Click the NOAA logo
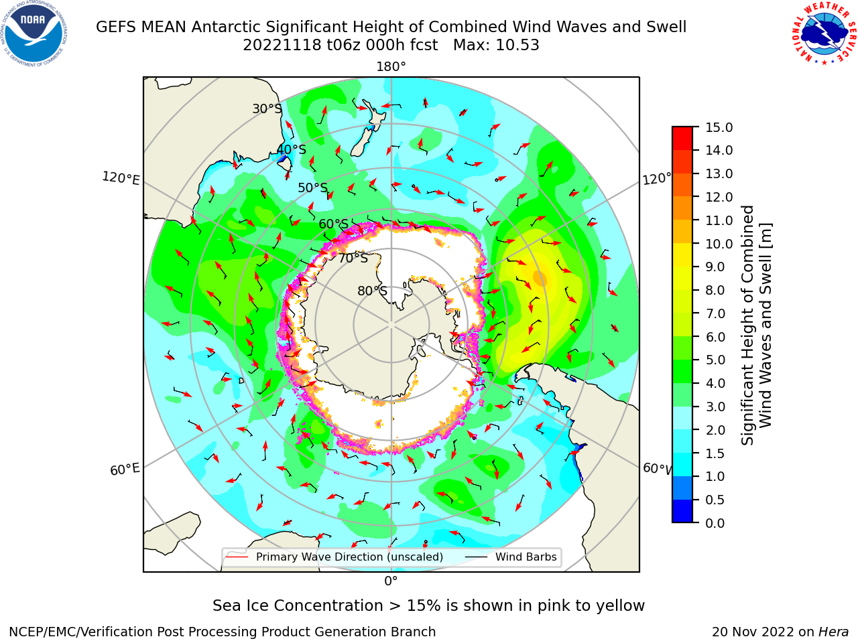pyautogui.click(x=34, y=33)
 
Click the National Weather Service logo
pyautogui.click(x=824, y=33)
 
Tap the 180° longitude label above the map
pyautogui.click(x=391, y=67)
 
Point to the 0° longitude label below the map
pyautogui.click(x=391, y=581)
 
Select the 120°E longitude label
pyautogui.click(x=121, y=178)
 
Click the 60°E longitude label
pyautogui.click(x=125, y=470)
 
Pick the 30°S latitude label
pyautogui.click(x=267, y=109)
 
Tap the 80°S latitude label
pyautogui.click(x=372, y=291)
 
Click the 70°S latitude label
pyautogui.click(x=353, y=258)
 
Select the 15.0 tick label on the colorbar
pyautogui.click(x=719, y=127)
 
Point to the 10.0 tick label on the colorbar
pyautogui.click(x=719, y=244)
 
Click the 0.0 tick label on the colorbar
pyautogui.click(x=715, y=523)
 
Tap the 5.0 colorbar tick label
pyautogui.click(x=715, y=360)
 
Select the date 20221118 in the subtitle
pyautogui.click(x=282, y=46)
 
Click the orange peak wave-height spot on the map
pyautogui.click(x=540, y=279)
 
